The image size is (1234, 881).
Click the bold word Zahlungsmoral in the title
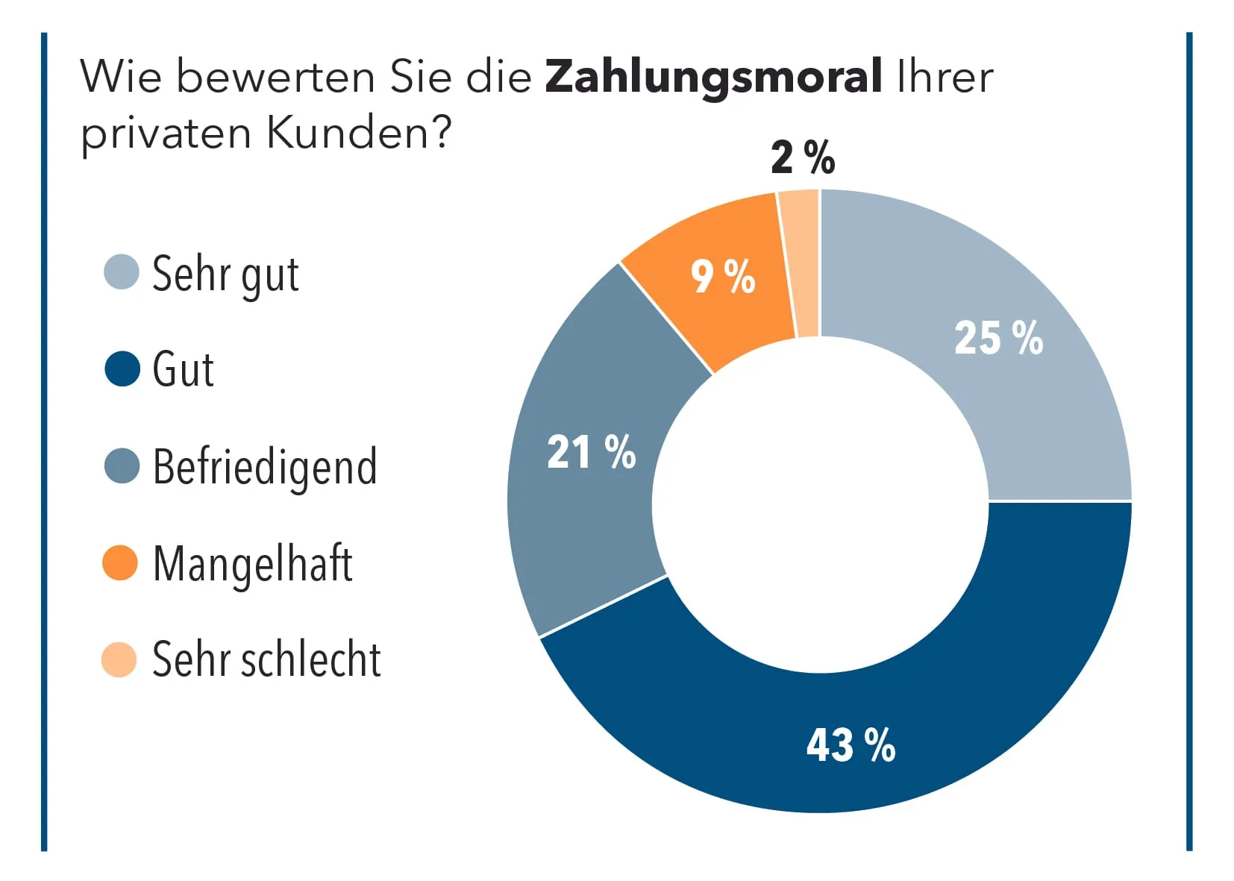click(x=713, y=78)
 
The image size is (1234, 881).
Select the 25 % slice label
click(x=998, y=338)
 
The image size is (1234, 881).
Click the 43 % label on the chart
click(x=851, y=744)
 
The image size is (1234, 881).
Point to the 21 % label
click(x=591, y=452)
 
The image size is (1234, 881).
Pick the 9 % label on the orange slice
click(x=722, y=277)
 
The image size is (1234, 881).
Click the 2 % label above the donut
click(x=803, y=157)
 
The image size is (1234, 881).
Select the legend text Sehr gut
click(x=225, y=275)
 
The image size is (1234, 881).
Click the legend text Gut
click(x=183, y=369)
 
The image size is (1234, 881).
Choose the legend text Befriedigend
click(x=265, y=467)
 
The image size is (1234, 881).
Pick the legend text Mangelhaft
click(x=252, y=564)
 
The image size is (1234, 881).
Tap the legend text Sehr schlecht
click(x=266, y=659)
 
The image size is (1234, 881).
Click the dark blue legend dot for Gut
click(x=122, y=369)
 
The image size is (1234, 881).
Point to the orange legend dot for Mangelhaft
click(x=120, y=562)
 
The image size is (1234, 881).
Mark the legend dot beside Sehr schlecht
click(x=119, y=659)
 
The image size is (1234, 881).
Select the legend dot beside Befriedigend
click(x=122, y=466)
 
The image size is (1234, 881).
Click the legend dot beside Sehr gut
click(x=122, y=272)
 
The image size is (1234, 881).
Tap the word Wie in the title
click(x=120, y=78)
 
